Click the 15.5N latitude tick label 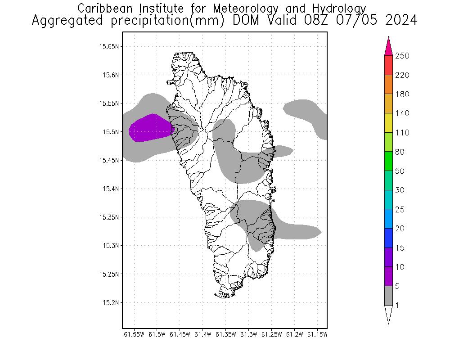pyautogui.click(x=109, y=132)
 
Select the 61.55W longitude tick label pyautogui.click(x=134, y=334)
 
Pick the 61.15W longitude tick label pyautogui.click(x=317, y=334)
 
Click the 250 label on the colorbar pyautogui.click(x=402, y=56)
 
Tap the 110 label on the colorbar pyautogui.click(x=402, y=133)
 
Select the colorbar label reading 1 pyautogui.click(x=396, y=306)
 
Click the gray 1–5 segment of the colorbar pyautogui.click(x=388, y=296)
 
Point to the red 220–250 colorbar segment pyautogui.click(x=388, y=65)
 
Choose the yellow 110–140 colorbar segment pyautogui.click(x=388, y=123)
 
